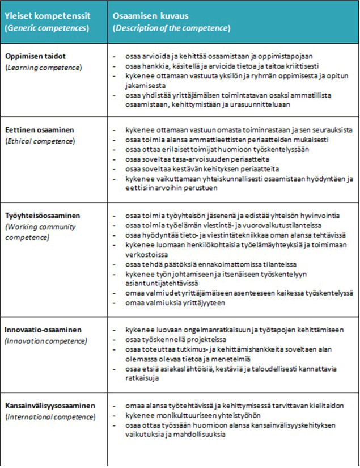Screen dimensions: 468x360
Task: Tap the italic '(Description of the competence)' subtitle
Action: (172, 28)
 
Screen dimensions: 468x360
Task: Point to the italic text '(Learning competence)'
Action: (43, 68)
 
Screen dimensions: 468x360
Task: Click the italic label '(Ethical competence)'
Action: (41, 141)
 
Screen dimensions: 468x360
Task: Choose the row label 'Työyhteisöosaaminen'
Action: (42, 216)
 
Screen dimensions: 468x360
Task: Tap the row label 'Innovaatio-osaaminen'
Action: (43, 330)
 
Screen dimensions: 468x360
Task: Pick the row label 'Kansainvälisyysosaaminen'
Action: (50, 406)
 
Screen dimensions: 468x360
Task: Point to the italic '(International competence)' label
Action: (50, 416)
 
